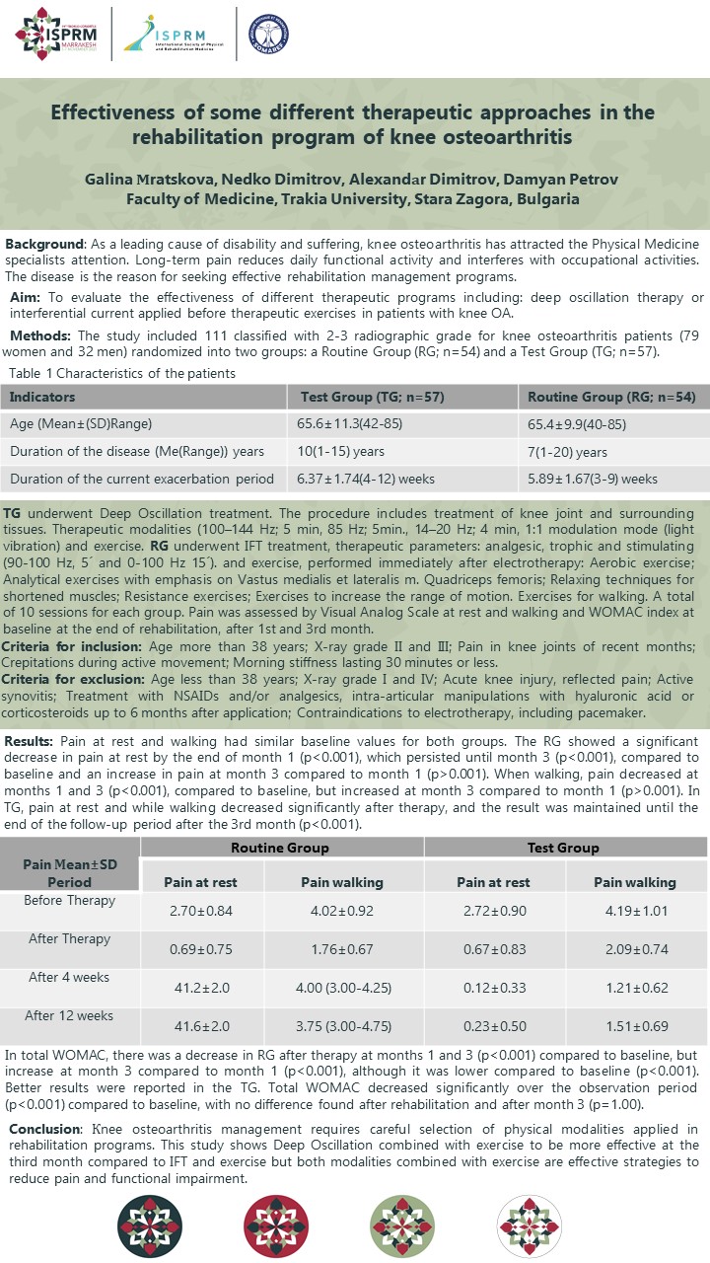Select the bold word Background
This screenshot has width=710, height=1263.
(x=44, y=244)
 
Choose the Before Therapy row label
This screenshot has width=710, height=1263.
(x=71, y=900)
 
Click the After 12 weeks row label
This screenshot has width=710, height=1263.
(x=71, y=1015)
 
